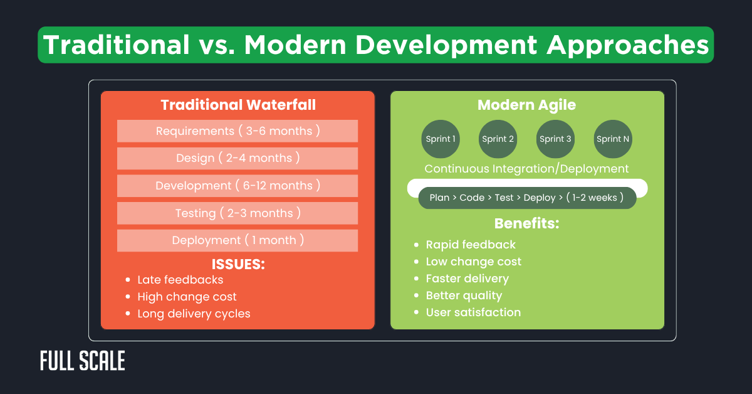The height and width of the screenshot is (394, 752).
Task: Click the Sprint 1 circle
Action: [x=441, y=139]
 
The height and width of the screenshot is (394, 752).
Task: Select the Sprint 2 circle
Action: [x=498, y=139]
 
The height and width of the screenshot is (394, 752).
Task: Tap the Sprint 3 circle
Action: [x=555, y=139]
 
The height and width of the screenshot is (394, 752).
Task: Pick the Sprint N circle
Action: [x=613, y=139]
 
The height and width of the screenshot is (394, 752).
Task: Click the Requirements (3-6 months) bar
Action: [x=238, y=131]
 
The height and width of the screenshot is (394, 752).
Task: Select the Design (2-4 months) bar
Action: [x=238, y=158]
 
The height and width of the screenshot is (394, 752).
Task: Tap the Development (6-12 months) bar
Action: [x=238, y=186]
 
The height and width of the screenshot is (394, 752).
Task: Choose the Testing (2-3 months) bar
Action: [x=238, y=213]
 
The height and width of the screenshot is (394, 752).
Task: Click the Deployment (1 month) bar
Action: [x=238, y=240]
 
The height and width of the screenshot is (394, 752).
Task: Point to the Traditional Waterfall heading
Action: [x=238, y=105]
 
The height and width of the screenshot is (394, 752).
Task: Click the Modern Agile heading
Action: [x=526, y=105]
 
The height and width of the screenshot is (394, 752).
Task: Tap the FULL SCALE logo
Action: [x=83, y=361]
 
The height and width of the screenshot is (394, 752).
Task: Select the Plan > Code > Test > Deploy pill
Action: [x=526, y=198]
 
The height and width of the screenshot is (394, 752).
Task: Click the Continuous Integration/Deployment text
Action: [x=526, y=169]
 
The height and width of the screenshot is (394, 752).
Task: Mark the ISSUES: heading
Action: [x=238, y=264]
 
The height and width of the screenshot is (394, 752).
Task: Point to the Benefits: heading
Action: [x=526, y=223]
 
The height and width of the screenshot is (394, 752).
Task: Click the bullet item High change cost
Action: [x=187, y=297]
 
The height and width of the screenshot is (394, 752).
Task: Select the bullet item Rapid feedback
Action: [x=471, y=245]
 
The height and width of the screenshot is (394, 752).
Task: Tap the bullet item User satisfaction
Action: [x=473, y=312]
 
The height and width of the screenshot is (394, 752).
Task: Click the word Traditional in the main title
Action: [x=116, y=45]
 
